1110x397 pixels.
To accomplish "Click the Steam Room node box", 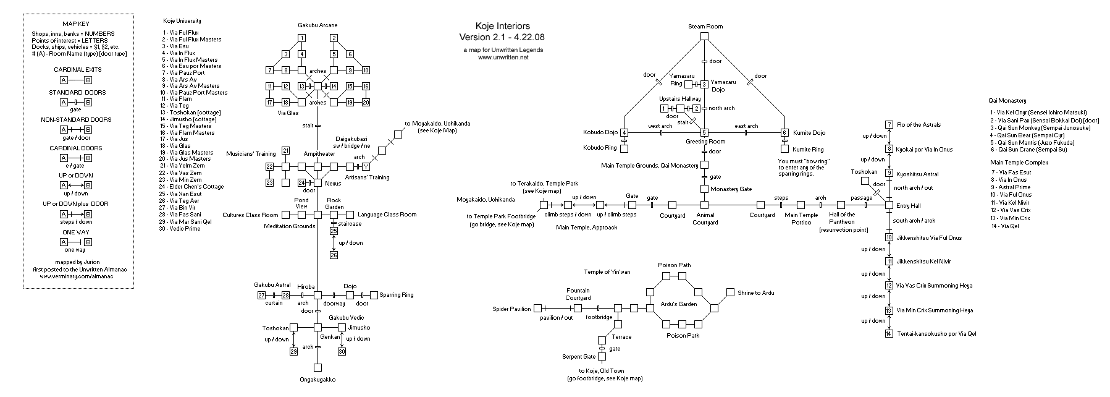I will coord(704,36).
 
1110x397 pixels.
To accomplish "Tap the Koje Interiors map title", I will coord(502,26).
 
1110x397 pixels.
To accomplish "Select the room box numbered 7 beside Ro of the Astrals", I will coord(889,125).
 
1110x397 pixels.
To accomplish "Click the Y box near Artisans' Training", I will coord(366,166).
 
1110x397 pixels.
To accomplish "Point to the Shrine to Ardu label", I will coord(755,292).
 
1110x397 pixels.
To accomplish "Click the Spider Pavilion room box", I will coord(537,308).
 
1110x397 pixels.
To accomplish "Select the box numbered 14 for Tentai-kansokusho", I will coord(889,334).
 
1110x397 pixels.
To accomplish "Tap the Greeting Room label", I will coord(705,142).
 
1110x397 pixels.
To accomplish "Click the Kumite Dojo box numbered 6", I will coord(784,132).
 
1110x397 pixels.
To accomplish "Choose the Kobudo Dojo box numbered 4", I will coord(624,132).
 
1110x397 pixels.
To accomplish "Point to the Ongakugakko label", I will coord(317,380).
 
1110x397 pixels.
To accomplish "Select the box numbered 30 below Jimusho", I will coord(342,352).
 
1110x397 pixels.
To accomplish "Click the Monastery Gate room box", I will coord(704,189).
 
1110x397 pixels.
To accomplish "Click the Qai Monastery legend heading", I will coord(1007,100).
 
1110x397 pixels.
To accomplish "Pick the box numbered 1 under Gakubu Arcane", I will coord(301,38).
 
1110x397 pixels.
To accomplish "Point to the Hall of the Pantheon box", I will coord(841,204).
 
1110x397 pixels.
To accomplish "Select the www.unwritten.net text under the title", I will coord(503,58).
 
